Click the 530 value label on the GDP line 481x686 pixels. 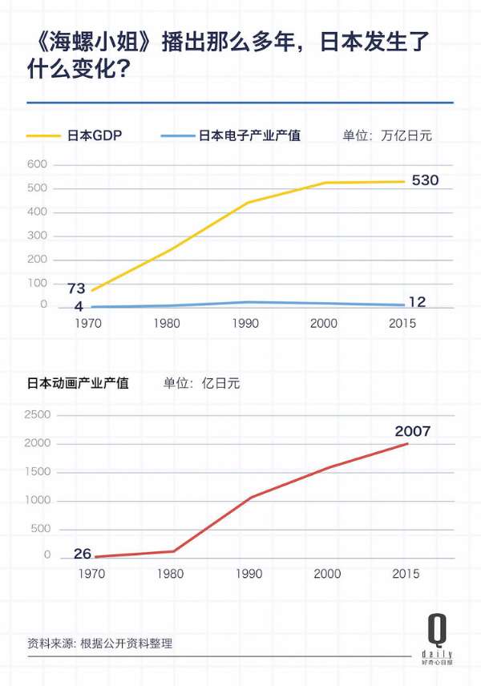click(425, 180)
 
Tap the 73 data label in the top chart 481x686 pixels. click(76, 289)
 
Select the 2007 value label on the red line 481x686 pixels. click(412, 431)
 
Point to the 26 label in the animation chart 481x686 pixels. click(82, 553)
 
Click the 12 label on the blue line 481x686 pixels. click(417, 302)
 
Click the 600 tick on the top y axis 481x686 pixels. click(38, 165)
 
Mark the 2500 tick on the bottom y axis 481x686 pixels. click(38, 415)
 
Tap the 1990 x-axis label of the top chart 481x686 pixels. click(245, 323)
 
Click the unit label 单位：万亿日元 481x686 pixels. click(387, 135)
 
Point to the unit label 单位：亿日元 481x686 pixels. click(201, 383)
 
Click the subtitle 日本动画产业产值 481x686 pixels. click(78, 383)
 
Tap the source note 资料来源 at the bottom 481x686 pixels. click(99, 643)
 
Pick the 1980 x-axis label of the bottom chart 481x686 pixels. click(170, 574)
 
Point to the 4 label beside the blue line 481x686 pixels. click(79, 307)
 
